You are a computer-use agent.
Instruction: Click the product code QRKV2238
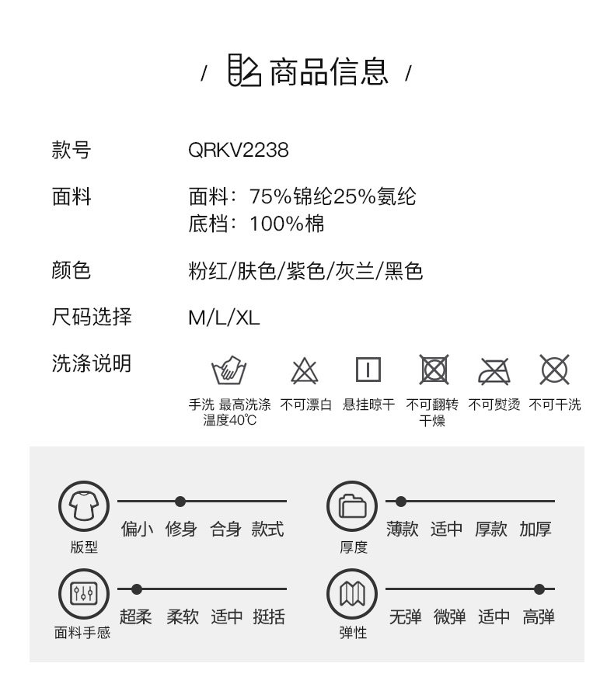click(238, 149)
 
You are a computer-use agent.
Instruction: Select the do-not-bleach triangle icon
click(305, 371)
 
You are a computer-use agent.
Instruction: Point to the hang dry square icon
click(368, 370)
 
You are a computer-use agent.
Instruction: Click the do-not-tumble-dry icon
click(434, 370)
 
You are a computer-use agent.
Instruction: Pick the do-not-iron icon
click(494, 371)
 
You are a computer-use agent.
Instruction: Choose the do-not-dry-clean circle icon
click(554, 370)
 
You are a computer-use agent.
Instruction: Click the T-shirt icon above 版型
click(83, 506)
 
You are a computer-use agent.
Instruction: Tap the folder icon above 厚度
click(352, 506)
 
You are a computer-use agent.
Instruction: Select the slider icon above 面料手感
click(83, 594)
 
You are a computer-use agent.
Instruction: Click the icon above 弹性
click(352, 594)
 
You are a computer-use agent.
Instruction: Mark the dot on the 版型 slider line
click(180, 502)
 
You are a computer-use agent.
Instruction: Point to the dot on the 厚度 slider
click(401, 502)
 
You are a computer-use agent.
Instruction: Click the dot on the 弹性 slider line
click(539, 589)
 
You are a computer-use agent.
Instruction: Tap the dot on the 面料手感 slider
click(137, 589)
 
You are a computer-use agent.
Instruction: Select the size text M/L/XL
click(224, 317)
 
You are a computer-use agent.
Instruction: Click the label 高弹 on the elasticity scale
click(539, 616)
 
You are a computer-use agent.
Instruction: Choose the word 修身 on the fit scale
click(181, 530)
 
